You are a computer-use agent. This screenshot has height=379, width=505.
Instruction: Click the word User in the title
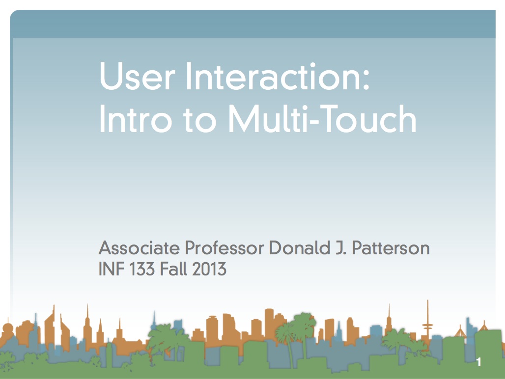coord(138,76)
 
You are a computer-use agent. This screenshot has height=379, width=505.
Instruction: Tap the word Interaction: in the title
coord(278,76)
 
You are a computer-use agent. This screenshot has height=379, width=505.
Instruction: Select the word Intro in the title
coord(136,118)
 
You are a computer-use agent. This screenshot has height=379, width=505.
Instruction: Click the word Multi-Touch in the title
coord(322,118)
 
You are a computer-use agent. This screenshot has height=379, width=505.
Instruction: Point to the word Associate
coord(139,248)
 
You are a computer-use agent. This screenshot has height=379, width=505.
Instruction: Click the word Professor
coord(224,248)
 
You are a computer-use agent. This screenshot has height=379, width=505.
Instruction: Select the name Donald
coord(300,248)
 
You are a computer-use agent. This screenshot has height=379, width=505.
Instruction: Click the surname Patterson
coord(391,248)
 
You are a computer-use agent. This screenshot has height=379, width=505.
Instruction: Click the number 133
coord(142,269)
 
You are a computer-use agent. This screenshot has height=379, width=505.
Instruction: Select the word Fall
coord(173,269)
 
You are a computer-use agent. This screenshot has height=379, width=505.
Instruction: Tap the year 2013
coord(209,269)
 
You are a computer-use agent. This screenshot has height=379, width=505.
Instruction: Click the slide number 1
coord(479,362)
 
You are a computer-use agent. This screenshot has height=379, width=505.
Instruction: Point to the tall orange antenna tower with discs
coord(428,325)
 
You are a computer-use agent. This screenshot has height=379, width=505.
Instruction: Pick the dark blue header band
coord(253,24)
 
